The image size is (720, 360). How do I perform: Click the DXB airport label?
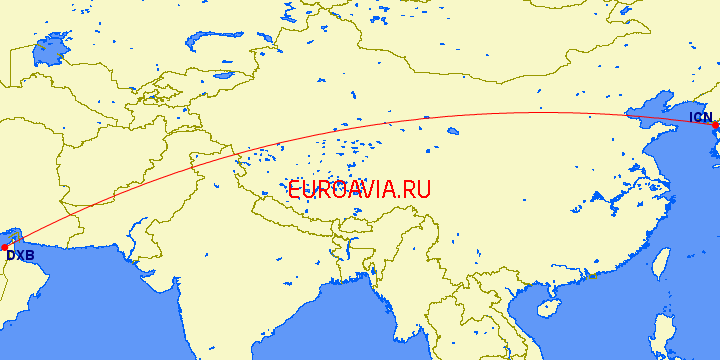[x=20, y=255]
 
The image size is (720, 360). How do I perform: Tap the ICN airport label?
[x=701, y=118]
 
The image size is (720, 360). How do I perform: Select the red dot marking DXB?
[x=5, y=246]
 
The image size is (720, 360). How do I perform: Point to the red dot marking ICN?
[x=716, y=125]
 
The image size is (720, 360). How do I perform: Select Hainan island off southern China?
[x=546, y=310]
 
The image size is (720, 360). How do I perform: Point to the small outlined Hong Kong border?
[x=592, y=276]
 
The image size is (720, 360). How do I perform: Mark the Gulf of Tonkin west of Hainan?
[x=525, y=300]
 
